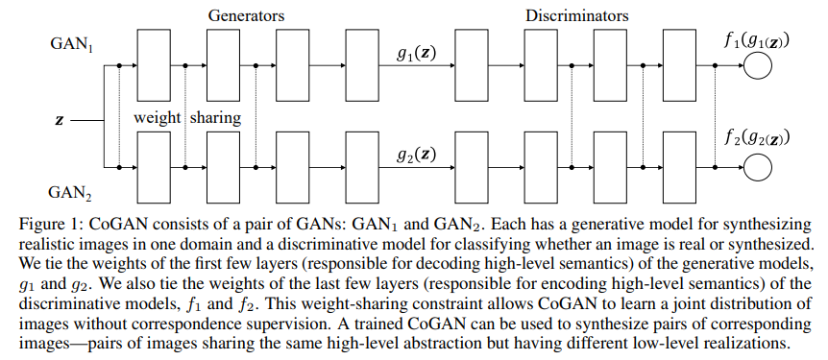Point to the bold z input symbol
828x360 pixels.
click(x=61, y=120)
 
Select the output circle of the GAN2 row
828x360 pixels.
click(x=758, y=168)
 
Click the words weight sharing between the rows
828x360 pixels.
click(x=186, y=118)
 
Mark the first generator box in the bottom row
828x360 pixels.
click(x=155, y=168)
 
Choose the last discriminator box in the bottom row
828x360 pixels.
click(x=679, y=168)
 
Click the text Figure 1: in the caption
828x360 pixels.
click(x=49, y=220)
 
